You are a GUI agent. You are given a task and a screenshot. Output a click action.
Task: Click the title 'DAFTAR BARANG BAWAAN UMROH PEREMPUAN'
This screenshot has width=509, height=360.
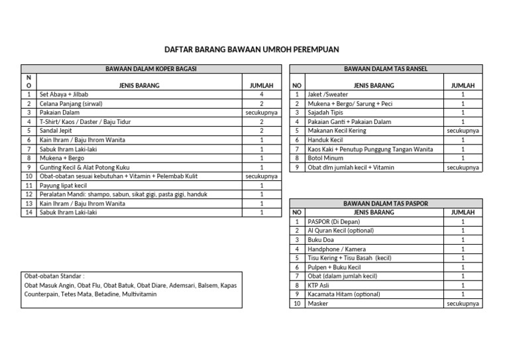pos(254,50)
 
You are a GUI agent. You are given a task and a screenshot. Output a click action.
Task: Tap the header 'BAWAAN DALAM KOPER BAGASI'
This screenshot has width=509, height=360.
pos(151,68)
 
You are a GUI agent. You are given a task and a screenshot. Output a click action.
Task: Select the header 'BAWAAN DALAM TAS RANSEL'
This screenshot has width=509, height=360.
pos(386,68)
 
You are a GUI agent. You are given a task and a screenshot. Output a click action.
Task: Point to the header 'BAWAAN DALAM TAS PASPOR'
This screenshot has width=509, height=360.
pos(386,203)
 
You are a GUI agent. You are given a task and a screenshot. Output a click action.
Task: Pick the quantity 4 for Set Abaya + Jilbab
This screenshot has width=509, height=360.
pos(261,94)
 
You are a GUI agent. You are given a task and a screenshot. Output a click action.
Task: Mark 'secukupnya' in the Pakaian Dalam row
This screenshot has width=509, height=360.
pos(261,113)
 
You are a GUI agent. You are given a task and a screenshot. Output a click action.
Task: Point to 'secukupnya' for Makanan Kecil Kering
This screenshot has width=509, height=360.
pos(463,131)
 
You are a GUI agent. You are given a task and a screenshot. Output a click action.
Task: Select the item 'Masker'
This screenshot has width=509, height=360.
pos(318,303)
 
